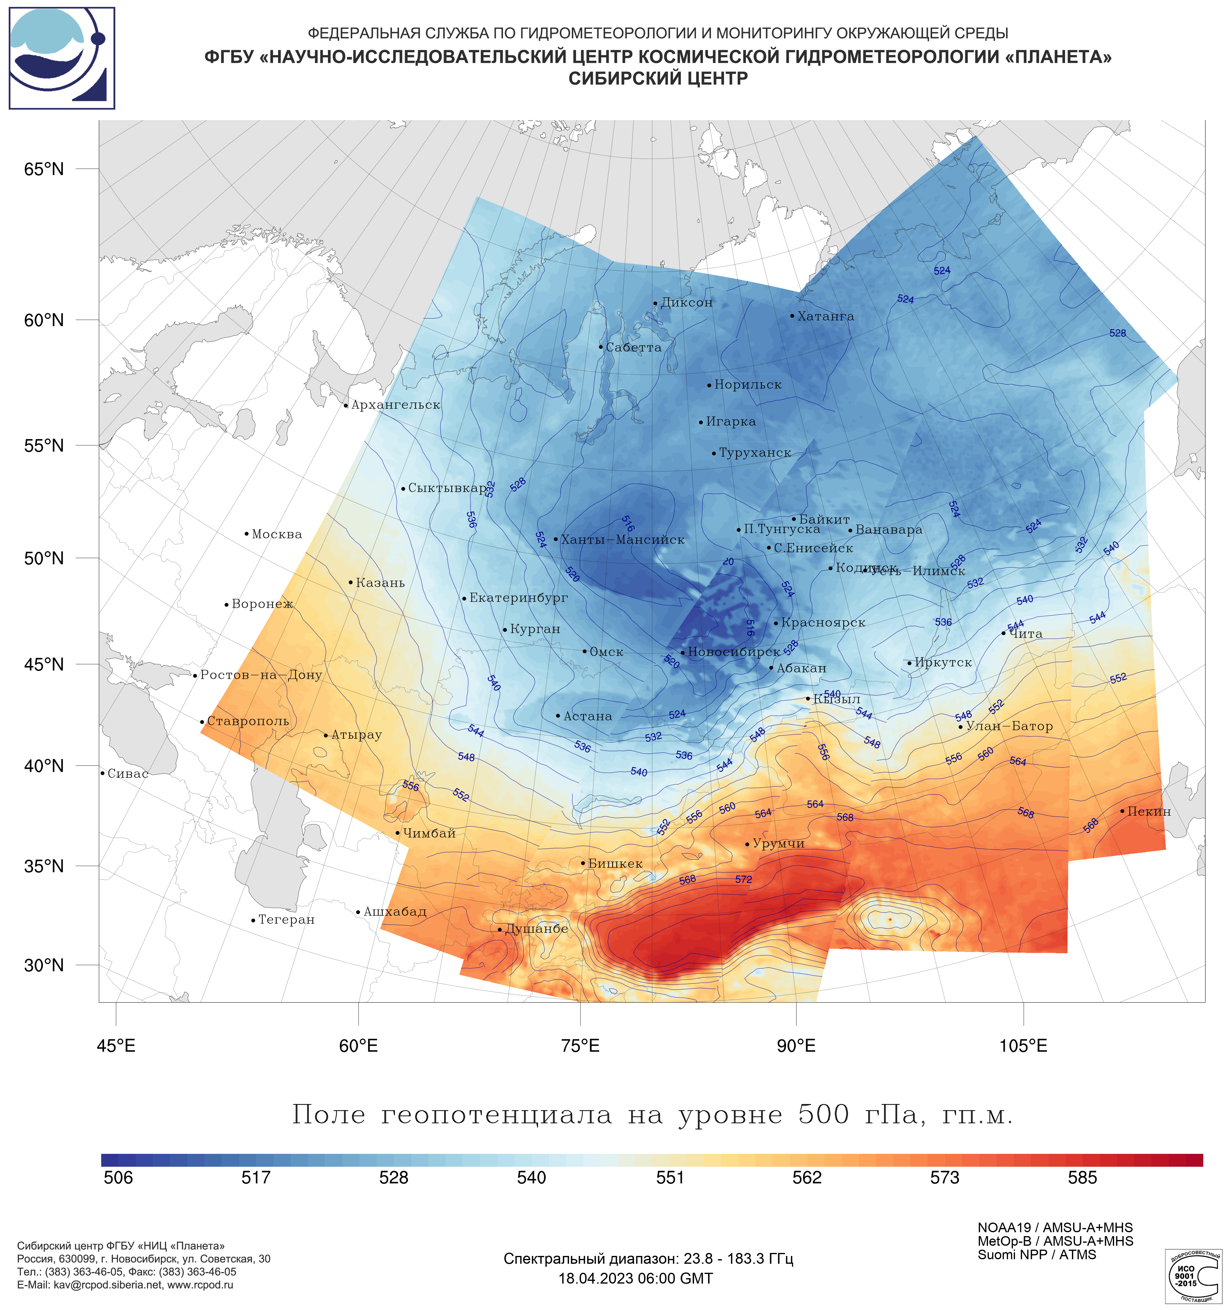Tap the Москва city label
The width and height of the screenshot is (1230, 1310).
pyautogui.click(x=277, y=534)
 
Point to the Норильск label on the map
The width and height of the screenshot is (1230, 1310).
pyautogui.click(x=748, y=385)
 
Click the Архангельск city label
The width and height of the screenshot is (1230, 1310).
pyautogui.click(x=395, y=405)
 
